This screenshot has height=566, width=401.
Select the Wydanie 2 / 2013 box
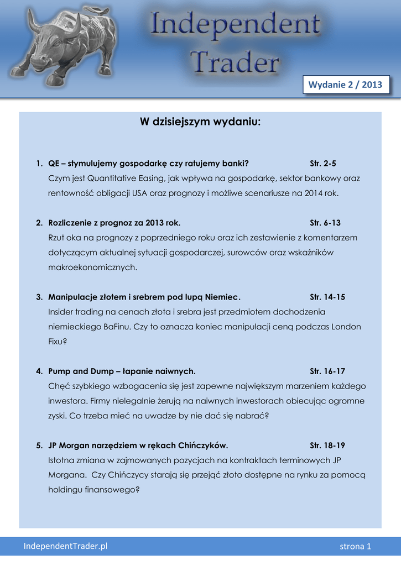click(346, 85)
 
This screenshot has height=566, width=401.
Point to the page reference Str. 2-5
click(323, 164)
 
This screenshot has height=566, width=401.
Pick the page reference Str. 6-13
click(325, 223)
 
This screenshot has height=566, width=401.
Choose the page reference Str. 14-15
click(327, 297)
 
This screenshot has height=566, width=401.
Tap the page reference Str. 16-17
click(327, 371)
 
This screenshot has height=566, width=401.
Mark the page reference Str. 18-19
click(327, 445)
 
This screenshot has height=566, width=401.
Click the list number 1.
click(39, 164)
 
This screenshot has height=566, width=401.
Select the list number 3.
click(39, 297)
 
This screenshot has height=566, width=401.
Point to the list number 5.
click(39, 445)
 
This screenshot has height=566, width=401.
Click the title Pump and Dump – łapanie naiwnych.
click(122, 371)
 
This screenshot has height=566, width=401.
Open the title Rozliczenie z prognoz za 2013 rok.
click(114, 223)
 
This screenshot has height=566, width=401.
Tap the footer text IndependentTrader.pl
click(65, 546)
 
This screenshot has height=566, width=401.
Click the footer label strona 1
click(355, 547)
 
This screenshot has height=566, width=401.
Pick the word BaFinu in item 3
click(116, 327)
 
